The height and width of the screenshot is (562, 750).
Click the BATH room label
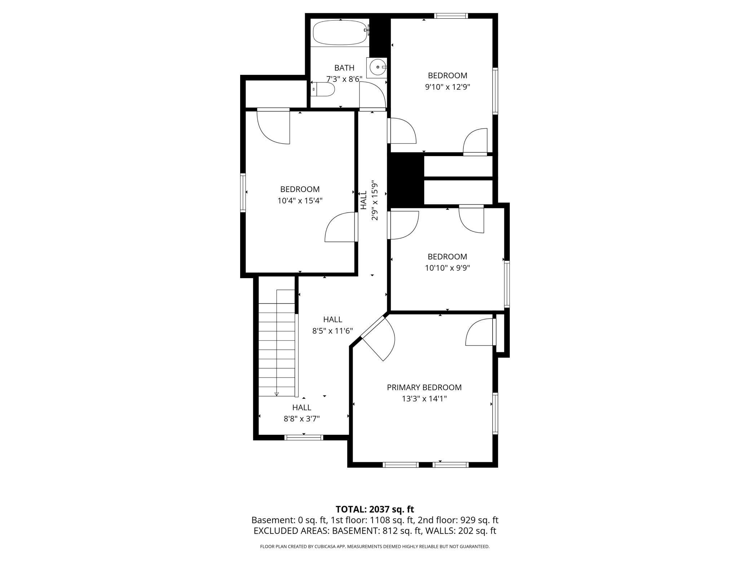point(344,68)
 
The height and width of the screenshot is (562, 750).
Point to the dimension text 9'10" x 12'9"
point(447,87)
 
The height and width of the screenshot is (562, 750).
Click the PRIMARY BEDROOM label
point(424,387)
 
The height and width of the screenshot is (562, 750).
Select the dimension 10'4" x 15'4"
point(300,201)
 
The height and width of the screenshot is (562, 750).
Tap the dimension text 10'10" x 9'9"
point(447,268)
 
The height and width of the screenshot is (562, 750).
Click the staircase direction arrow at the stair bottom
point(277,394)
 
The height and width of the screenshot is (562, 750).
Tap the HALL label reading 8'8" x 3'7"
point(301,413)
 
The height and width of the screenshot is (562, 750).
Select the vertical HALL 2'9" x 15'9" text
point(369,200)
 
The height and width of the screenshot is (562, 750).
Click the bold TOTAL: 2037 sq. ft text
point(375,509)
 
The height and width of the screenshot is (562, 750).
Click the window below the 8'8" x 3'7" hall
point(304,437)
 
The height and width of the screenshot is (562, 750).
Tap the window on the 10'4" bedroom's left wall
point(243,192)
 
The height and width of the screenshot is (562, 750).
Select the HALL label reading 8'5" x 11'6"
point(332,325)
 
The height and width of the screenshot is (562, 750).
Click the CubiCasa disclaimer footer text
point(375,547)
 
